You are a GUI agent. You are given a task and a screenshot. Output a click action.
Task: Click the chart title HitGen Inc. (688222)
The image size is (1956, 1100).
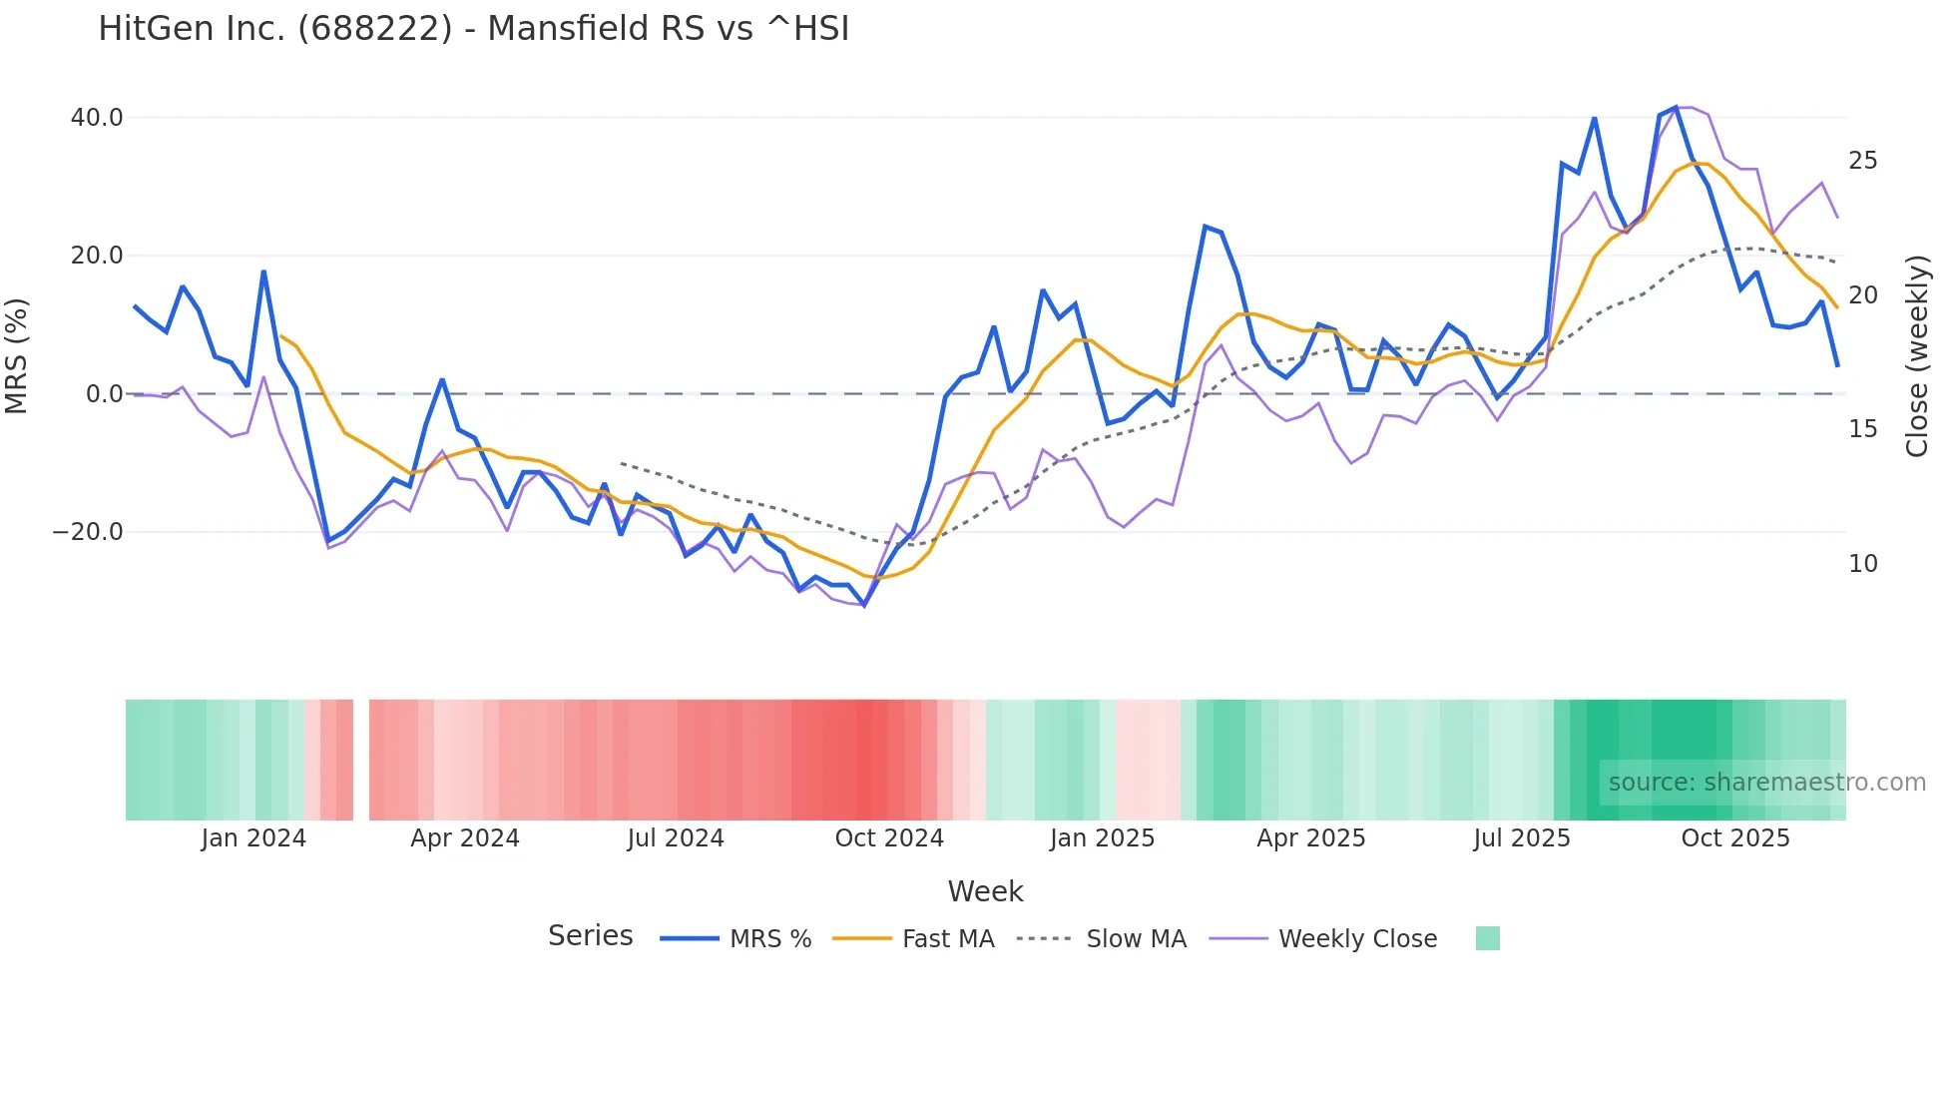473,29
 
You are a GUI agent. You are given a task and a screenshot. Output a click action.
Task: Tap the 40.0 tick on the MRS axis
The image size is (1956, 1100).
97,118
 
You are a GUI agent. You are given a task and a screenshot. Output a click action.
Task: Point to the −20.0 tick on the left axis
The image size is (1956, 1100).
88,532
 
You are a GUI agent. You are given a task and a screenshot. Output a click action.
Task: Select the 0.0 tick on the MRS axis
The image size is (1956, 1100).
105,394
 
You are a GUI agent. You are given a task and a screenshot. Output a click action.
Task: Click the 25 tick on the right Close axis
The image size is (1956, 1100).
1862,161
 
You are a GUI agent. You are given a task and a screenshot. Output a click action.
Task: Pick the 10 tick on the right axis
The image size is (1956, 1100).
1862,564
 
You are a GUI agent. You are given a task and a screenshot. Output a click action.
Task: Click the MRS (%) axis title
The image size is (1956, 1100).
17,355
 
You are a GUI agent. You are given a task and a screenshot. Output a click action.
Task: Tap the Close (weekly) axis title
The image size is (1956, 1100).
1916,356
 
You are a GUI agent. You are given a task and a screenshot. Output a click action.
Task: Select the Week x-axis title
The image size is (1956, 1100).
985,891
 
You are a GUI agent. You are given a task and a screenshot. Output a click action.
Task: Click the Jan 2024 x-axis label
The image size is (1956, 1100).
253,838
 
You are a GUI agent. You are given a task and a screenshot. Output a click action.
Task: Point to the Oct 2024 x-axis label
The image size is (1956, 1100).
889,838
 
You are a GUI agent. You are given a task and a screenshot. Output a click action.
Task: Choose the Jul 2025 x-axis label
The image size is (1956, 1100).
1521,838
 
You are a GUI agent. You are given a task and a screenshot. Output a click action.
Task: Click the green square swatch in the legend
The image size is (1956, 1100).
1487,938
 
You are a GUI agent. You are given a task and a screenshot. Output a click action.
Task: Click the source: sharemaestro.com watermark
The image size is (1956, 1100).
1766,783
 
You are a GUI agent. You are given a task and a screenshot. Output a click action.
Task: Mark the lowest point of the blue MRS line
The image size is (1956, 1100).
864,605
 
